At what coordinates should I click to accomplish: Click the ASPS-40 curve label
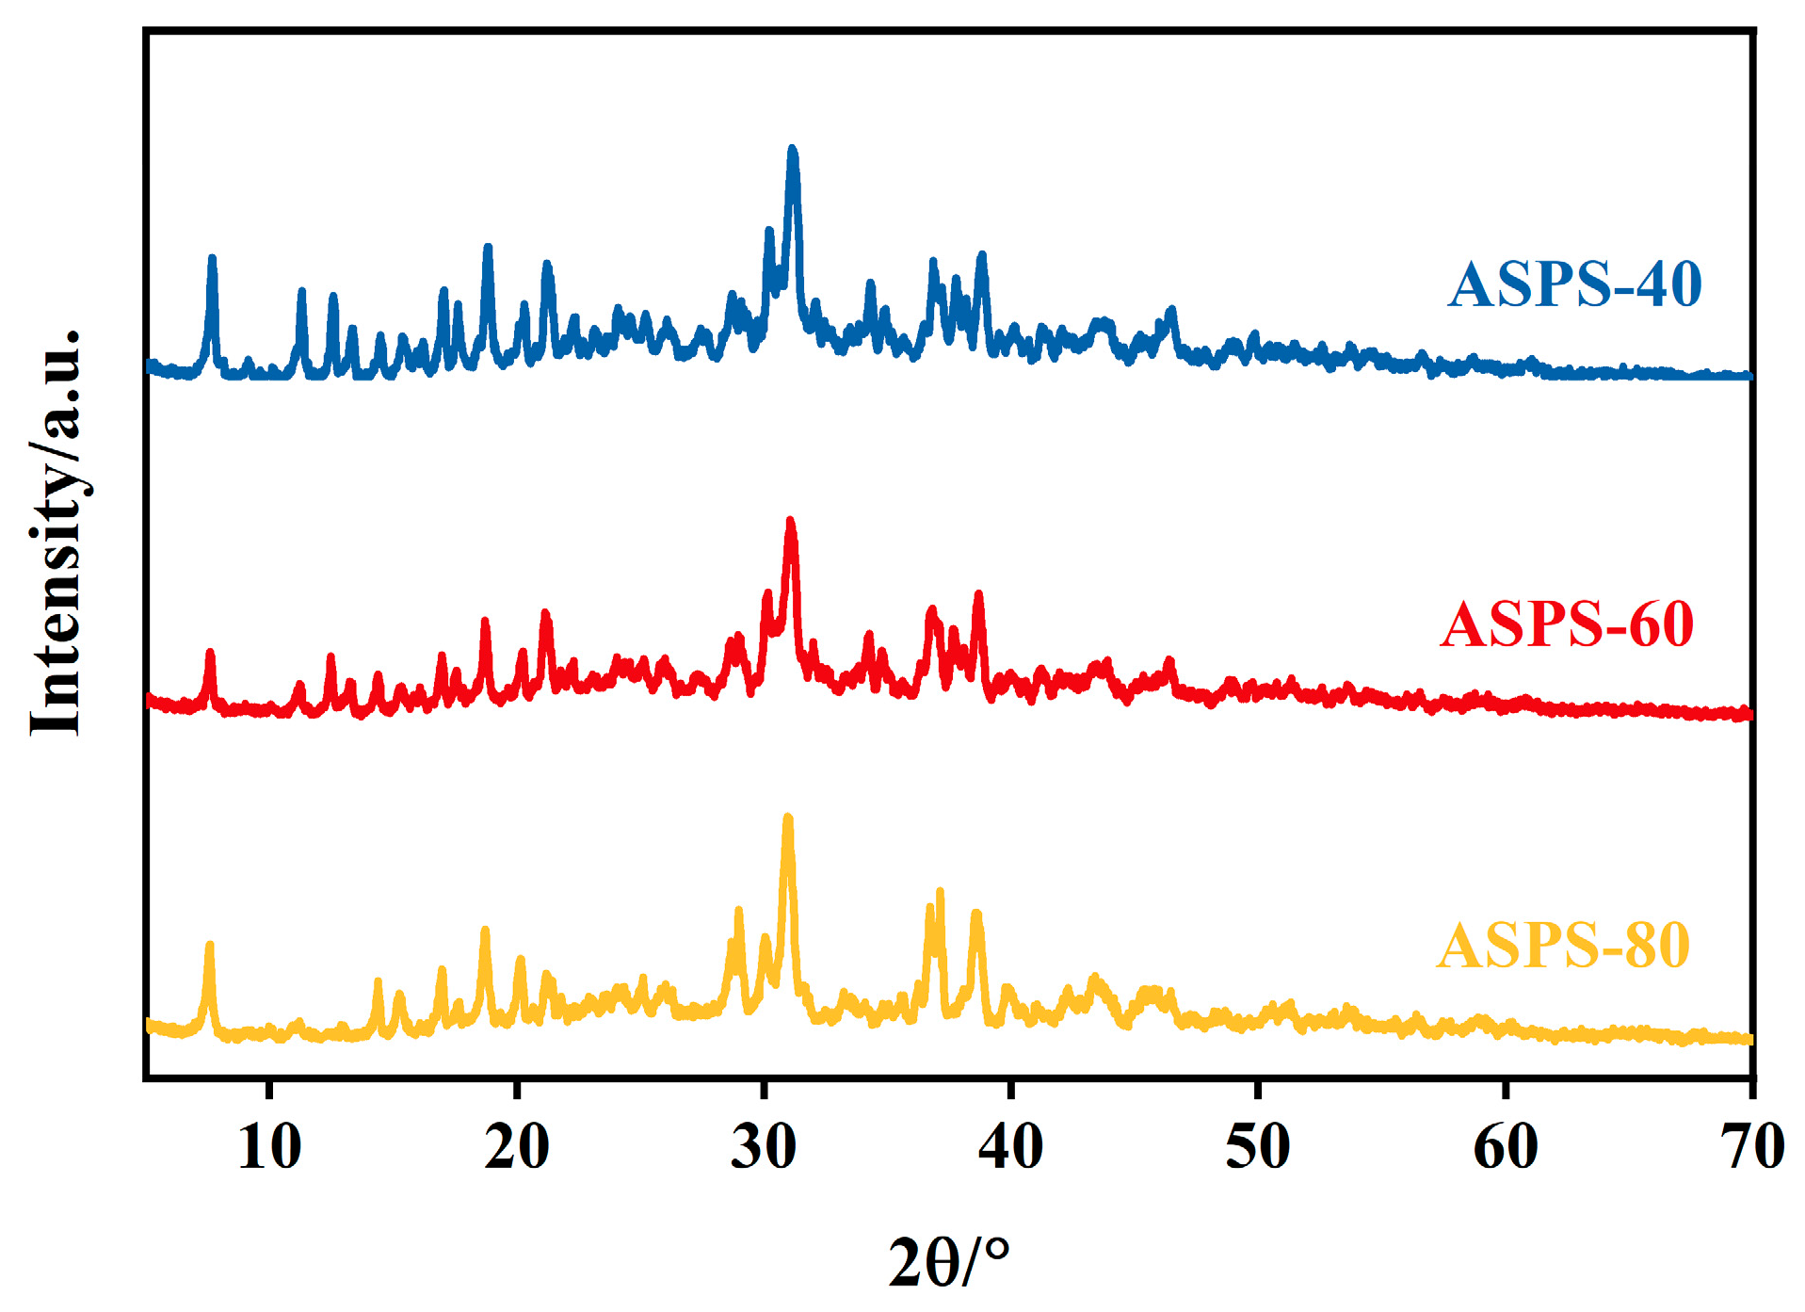click(x=1573, y=283)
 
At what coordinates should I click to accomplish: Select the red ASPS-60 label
click(x=1566, y=624)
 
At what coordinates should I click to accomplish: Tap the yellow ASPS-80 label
click(x=1562, y=946)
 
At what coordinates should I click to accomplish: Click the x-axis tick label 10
click(x=269, y=1147)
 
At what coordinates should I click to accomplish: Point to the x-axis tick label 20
click(x=516, y=1147)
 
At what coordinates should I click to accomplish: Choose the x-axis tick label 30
click(x=763, y=1147)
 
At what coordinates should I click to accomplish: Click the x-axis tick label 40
click(x=1010, y=1147)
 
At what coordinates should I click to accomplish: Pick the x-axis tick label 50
click(x=1257, y=1147)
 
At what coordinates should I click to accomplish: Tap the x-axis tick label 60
click(x=1505, y=1147)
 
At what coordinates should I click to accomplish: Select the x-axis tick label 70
click(x=1751, y=1147)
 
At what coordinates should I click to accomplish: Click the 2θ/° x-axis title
click(x=948, y=1262)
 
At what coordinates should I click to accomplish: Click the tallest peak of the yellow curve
click(x=788, y=818)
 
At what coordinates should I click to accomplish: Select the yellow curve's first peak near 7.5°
click(x=209, y=946)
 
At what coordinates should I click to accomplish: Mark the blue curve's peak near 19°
click(x=488, y=249)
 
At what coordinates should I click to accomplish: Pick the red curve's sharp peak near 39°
click(x=978, y=595)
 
